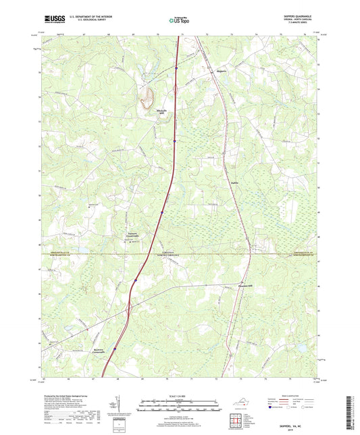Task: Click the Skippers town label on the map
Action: coord(222,69)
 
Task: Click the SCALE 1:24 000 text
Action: coord(180,395)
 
